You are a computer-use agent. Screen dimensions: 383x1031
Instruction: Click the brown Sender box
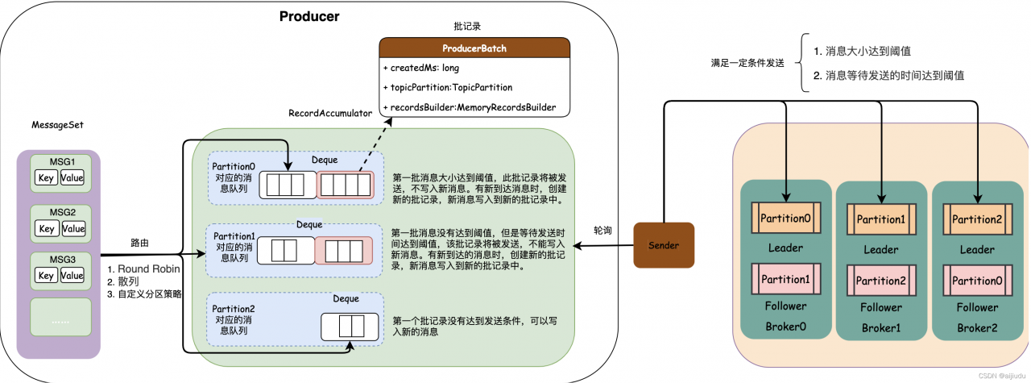point(664,245)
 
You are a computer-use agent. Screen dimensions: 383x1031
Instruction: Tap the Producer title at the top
point(309,16)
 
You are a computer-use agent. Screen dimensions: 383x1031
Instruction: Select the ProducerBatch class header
point(474,48)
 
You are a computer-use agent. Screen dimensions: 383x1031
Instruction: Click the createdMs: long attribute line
point(420,68)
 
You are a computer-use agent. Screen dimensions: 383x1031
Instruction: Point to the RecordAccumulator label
point(330,114)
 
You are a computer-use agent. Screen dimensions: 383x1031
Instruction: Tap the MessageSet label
point(57,125)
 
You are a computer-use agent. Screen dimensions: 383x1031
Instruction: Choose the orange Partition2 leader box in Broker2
point(976,219)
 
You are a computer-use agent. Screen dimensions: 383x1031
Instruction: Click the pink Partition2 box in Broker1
point(880,280)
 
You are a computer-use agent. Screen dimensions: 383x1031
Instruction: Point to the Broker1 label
point(880,328)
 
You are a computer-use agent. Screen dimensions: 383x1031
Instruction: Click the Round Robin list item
point(144,269)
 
